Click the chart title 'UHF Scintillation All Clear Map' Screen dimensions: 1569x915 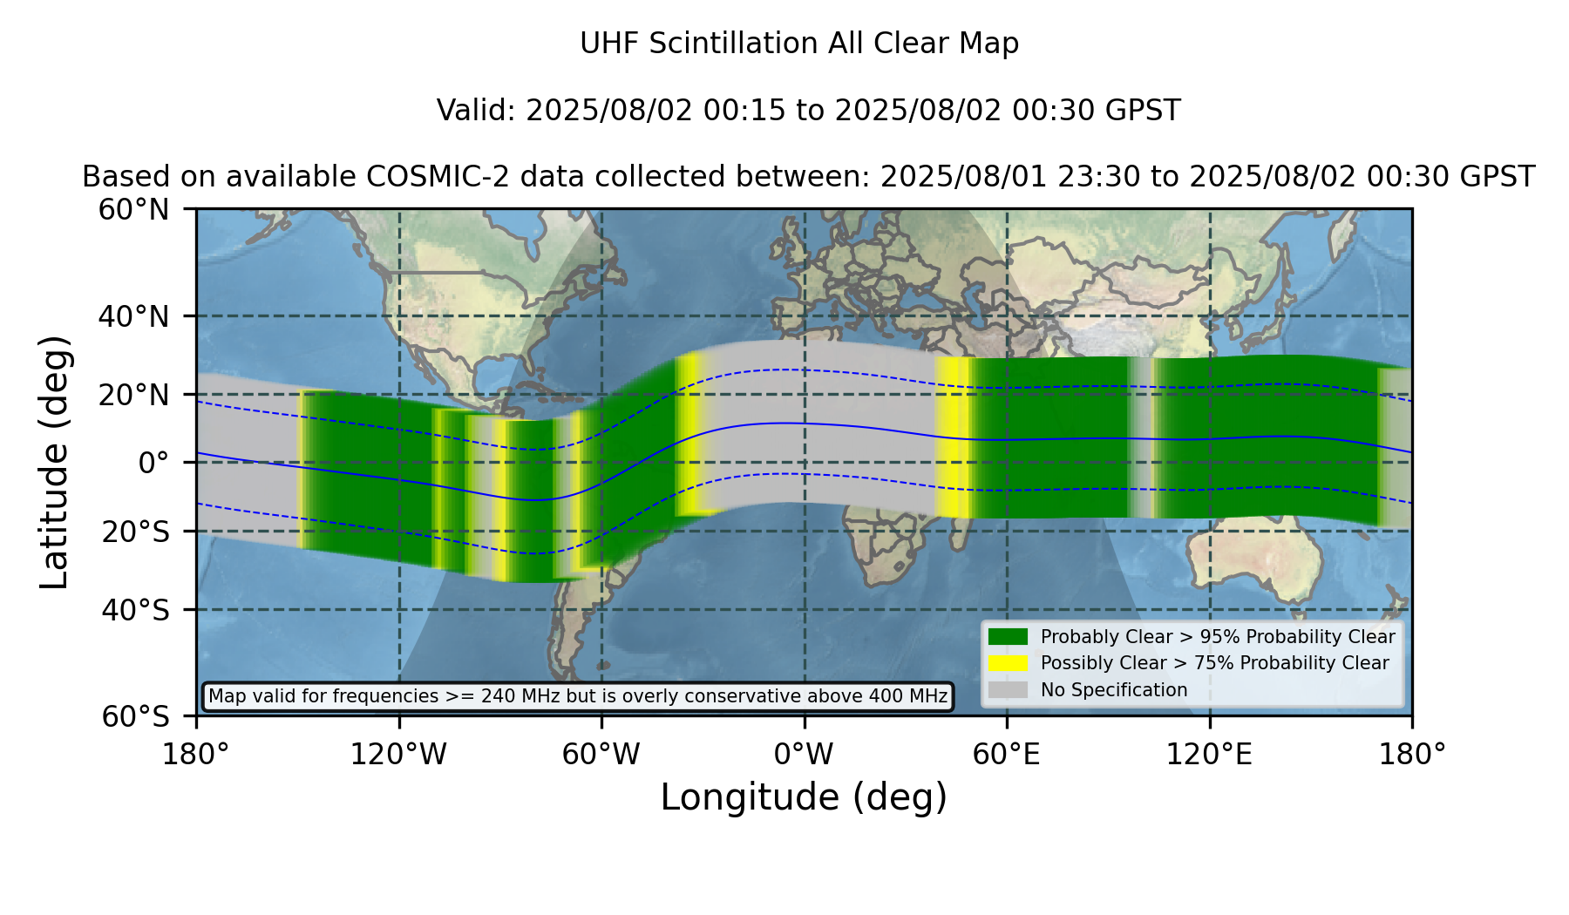[x=799, y=44]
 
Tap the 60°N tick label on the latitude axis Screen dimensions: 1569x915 [x=134, y=210]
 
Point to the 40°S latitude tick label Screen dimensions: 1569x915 [x=135, y=610]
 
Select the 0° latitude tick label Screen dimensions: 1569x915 [x=154, y=463]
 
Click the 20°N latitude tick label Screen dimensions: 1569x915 [x=134, y=395]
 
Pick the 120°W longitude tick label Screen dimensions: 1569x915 [x=398, y=754]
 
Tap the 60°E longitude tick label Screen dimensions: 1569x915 [x=1007, y=754]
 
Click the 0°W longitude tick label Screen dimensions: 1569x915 [x=805, y=754]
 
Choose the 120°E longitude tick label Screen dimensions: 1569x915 [x=1209, y=754]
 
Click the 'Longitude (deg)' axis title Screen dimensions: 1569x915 [x=804, y=797]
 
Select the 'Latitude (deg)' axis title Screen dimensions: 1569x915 [x=54, y=462]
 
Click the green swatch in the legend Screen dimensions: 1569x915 [x=1008, y=637]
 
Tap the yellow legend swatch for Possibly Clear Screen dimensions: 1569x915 [x=1008, y=663]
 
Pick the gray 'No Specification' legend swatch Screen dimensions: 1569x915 [x=1008, y=690]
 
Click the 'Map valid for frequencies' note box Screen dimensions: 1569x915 [x=578, y=696]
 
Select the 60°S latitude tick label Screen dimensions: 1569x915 [x=135, y=716]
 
